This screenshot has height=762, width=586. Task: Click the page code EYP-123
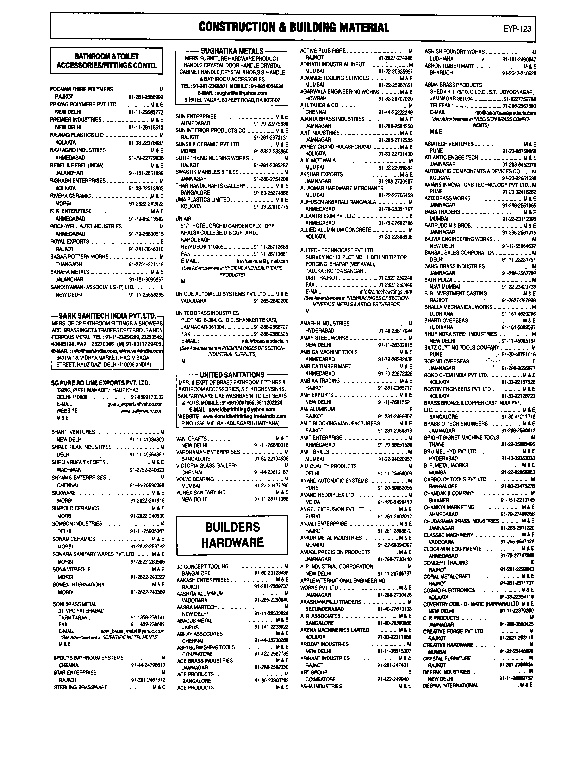point(517,29)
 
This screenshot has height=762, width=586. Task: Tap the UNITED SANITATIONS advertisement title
point(232,375)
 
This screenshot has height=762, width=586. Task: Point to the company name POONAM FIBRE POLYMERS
point(82,89)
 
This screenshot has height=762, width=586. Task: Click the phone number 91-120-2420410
point(394,502)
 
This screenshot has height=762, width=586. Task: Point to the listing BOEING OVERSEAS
point(447,361)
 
